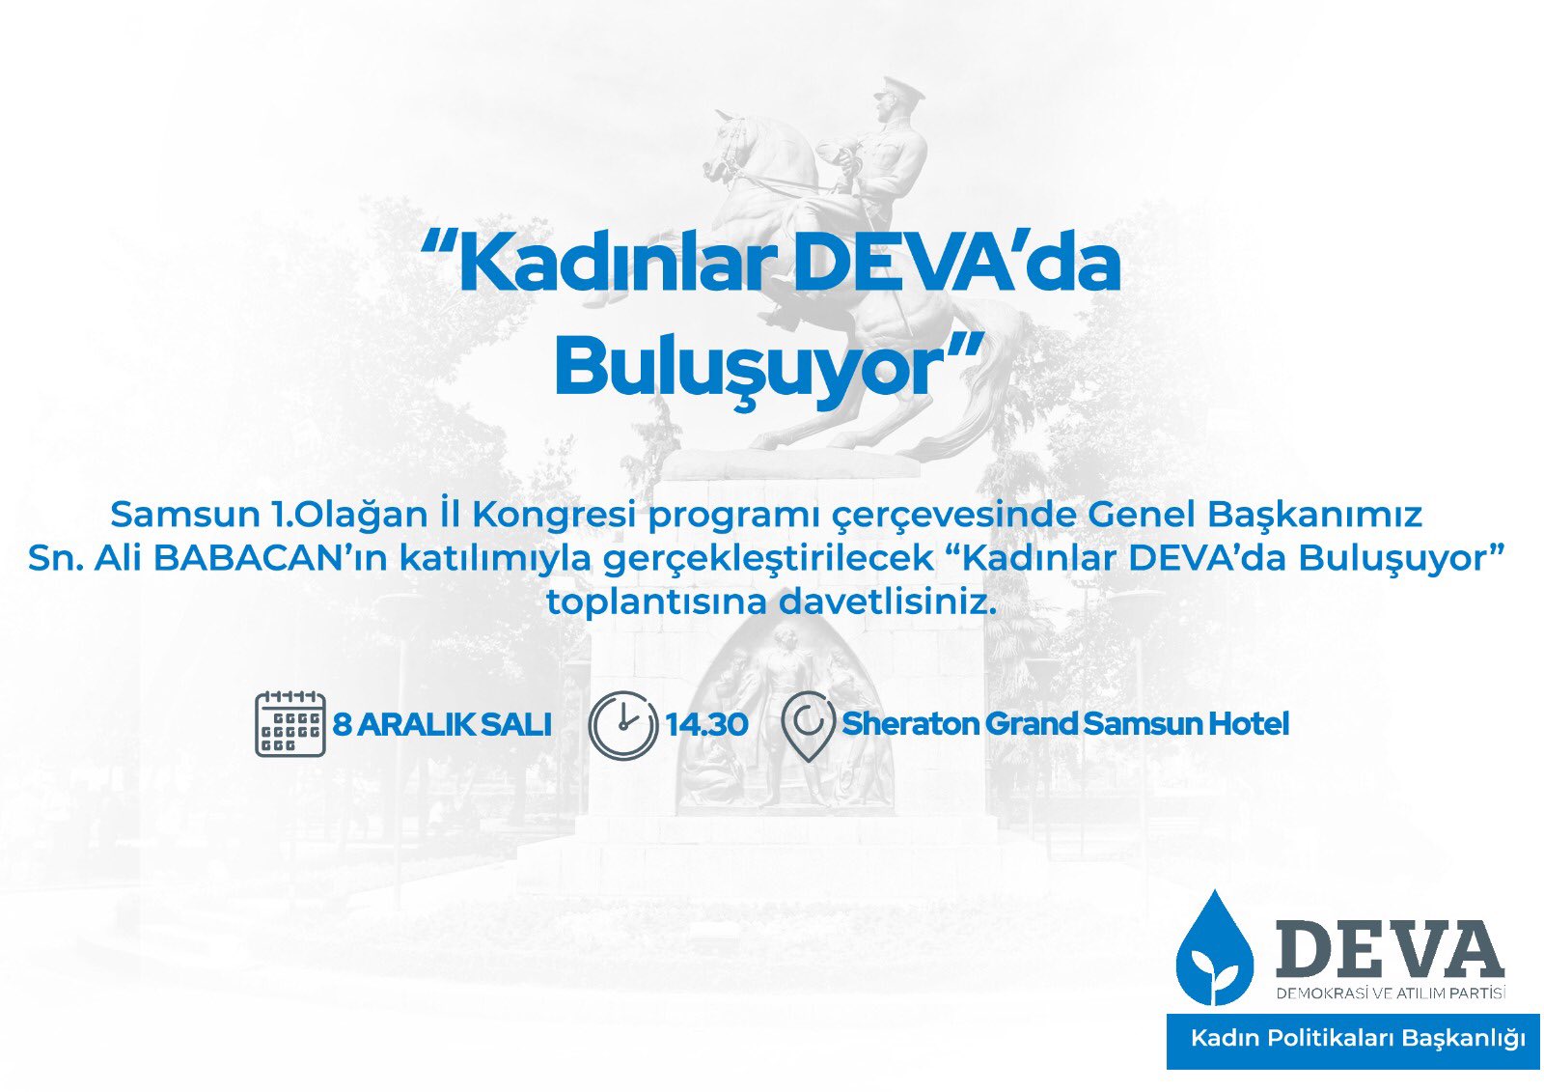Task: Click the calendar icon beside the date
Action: coord(290,723)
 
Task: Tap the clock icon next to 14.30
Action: coord(623,725)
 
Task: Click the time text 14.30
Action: coord(706,724)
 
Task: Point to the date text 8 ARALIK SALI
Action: coord(442,724)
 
